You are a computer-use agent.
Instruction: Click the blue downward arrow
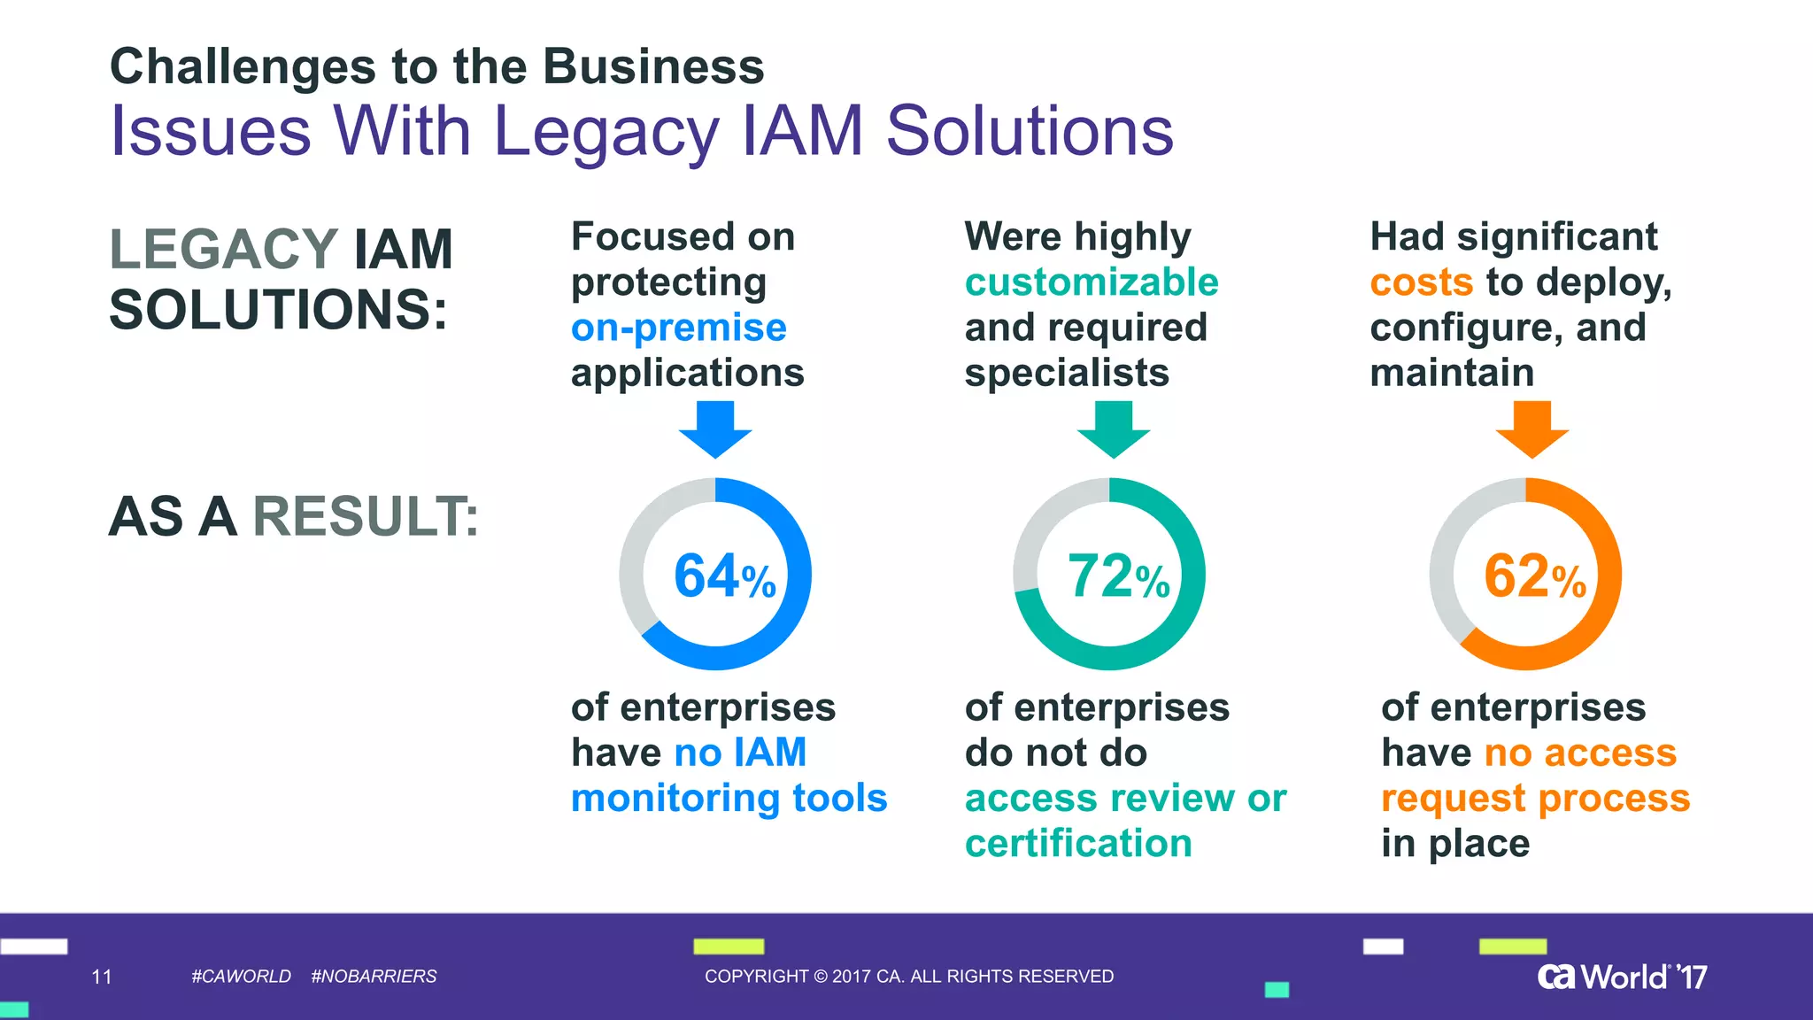click(715, 429)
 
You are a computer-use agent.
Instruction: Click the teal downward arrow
click(1114, 429)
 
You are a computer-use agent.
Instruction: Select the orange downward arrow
click(1532, 429)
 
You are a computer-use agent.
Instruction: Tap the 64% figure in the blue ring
click(724, 576)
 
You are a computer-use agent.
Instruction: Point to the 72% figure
click(1118, 576)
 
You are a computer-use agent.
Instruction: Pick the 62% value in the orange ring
click(1534, 576)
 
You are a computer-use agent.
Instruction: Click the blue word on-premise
click(678, 328)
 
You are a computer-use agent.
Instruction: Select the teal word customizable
click(1092, 282)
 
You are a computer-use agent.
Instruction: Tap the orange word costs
click(1421, 282)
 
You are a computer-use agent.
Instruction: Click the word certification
click(1078, 843)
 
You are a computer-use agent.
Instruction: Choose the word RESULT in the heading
click(365, 516)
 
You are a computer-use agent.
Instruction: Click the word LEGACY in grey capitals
click(224, 249)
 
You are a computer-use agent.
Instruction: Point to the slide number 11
click(102, 977)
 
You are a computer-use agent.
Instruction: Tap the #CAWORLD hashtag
click(241, 977)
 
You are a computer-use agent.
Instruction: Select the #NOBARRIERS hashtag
click(374, 977)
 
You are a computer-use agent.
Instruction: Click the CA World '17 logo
click(1622, 977)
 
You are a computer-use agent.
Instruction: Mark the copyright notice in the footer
click(909, 977)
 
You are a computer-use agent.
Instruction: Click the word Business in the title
click(653, 67)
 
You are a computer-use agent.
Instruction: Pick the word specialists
click(1067, 373)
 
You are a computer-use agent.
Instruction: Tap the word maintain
click(1452, 373)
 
